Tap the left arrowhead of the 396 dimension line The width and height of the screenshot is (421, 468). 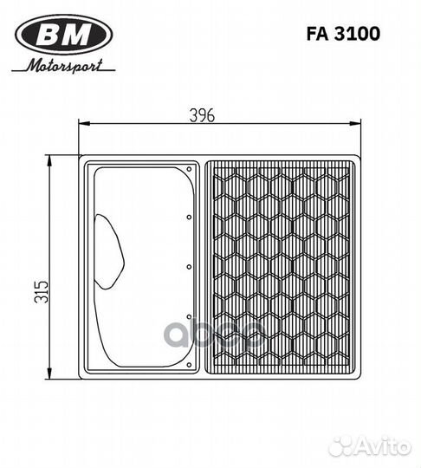click(x=81, y=125)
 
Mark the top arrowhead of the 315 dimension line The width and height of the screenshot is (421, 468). click(x=51, y=159)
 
